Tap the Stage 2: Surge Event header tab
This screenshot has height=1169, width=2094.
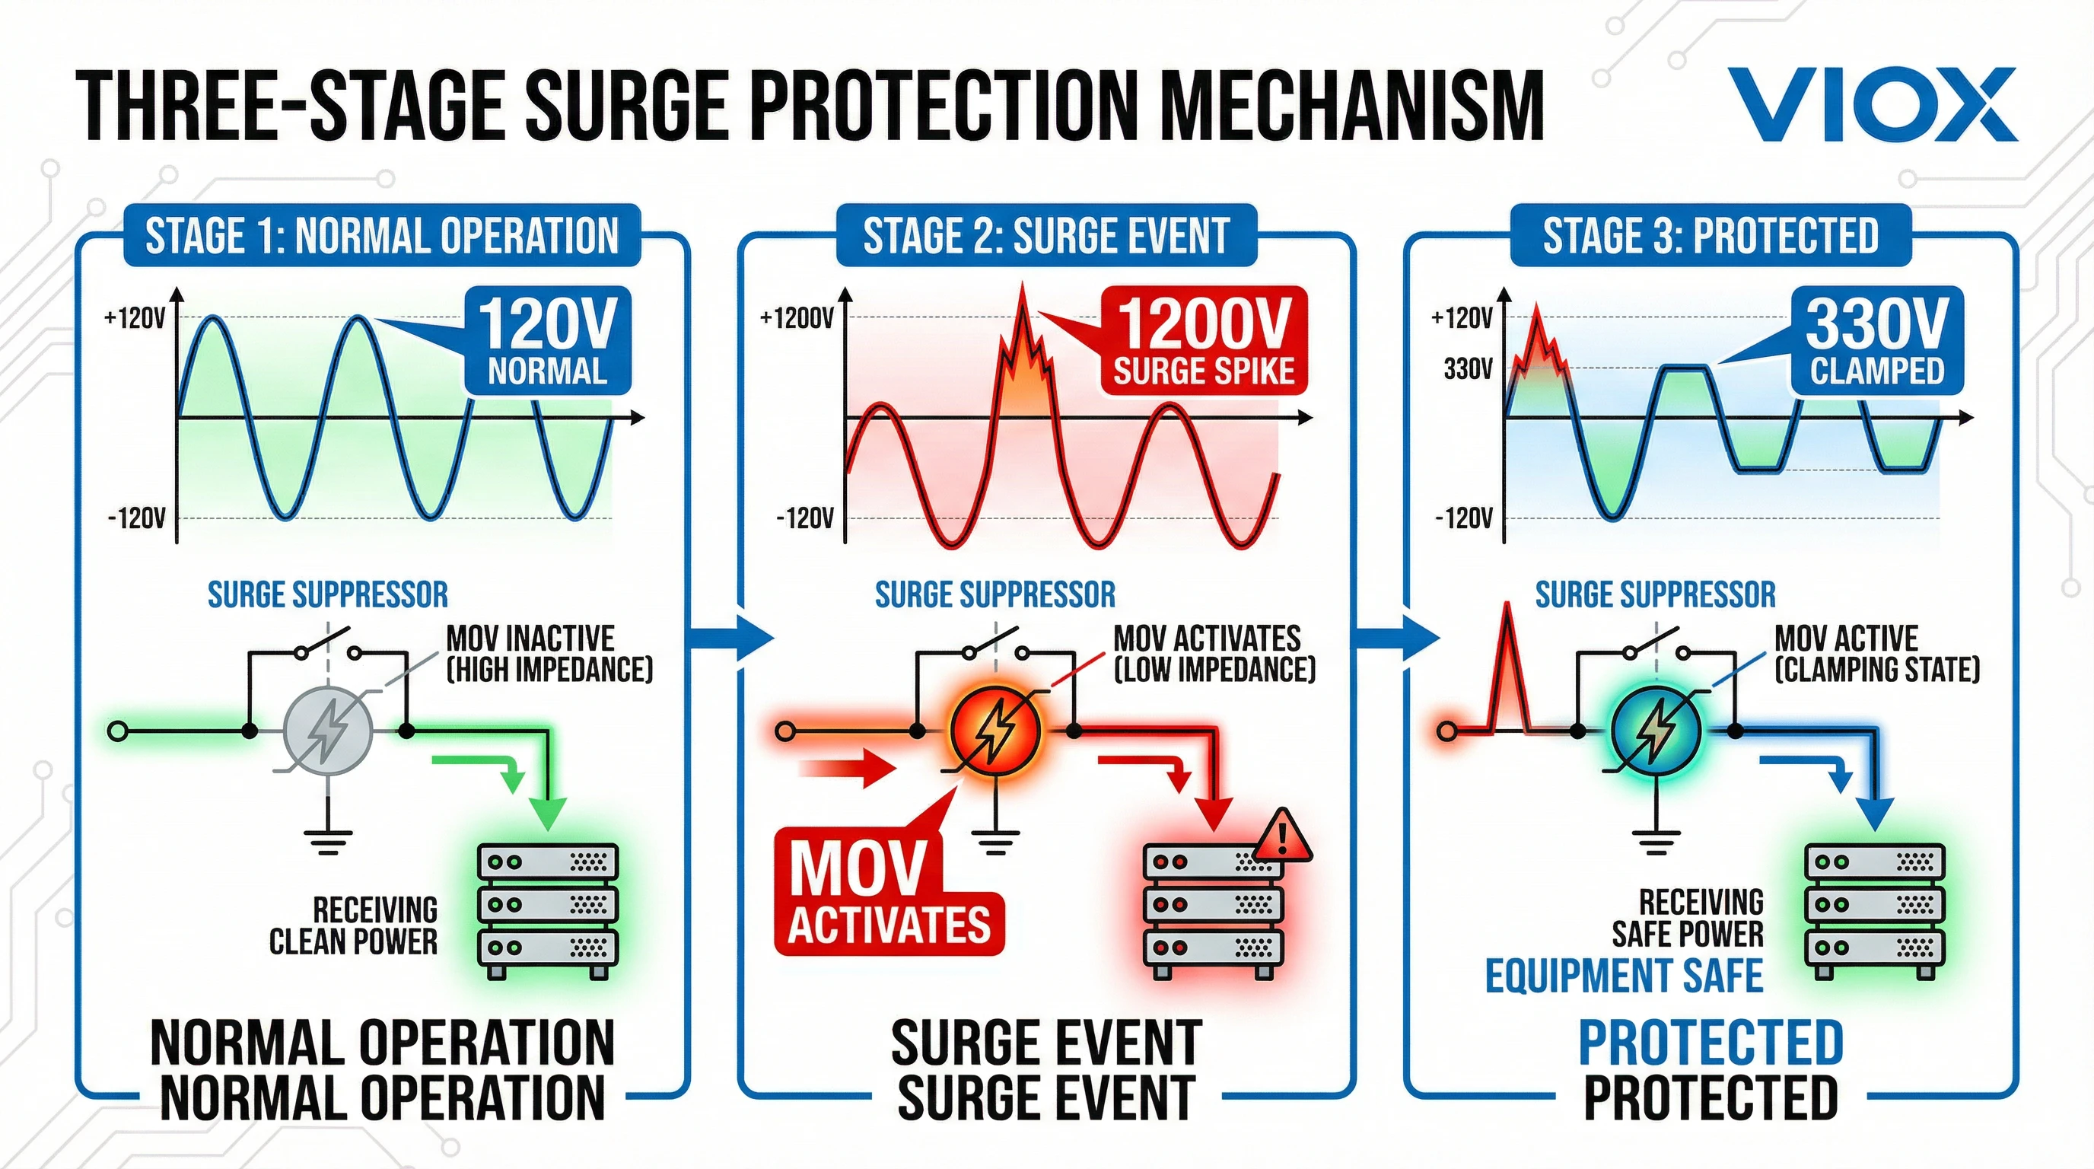click(x=1046, y=236)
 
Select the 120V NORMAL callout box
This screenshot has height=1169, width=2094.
click(x=547, y=341)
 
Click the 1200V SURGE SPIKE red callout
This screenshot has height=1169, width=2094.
click(x=1203, y=342)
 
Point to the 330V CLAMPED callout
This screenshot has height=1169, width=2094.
click(x=1877, y=342)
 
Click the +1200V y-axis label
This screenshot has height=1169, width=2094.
click(x=797, y=319)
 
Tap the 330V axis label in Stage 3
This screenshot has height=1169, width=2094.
click(x=1467, y=369)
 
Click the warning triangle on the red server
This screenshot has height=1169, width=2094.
click(x=1283, y=836)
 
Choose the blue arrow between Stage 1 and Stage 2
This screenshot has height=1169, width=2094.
click(x=731, y=637)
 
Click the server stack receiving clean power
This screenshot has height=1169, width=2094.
click(x=547, y=910)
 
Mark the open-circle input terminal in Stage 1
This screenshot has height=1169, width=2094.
click(x=118, y=731)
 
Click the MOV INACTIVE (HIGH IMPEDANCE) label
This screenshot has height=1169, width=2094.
click(x=549, y=654)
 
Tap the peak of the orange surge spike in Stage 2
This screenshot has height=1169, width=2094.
click(x=1022, y=289)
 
